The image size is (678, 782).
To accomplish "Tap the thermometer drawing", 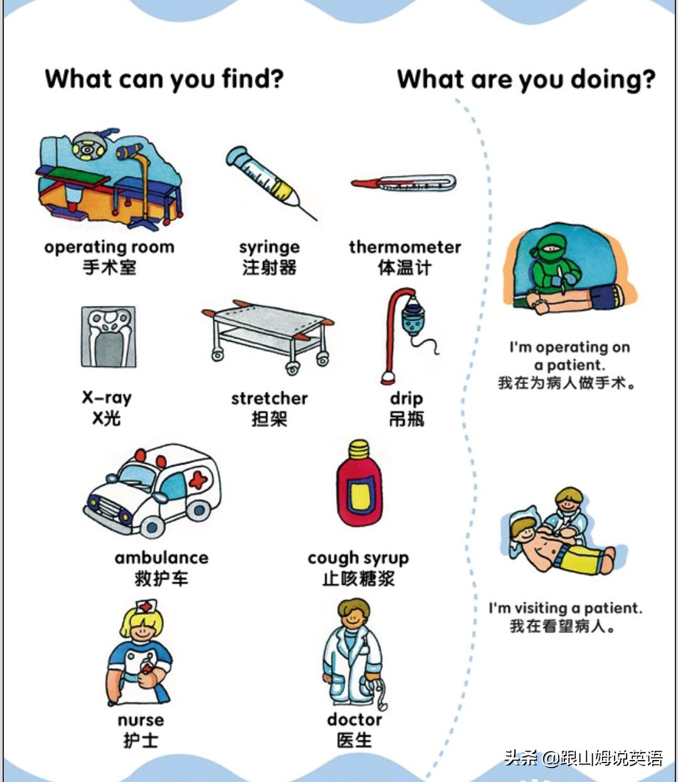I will point(404,183).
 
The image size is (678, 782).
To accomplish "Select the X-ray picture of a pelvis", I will point(108,337).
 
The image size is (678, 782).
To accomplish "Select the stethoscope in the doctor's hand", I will point(376,694).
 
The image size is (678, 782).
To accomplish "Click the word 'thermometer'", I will point(405,247).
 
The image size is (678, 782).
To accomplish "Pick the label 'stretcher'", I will point(269,398).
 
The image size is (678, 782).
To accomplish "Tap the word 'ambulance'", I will point(161,558).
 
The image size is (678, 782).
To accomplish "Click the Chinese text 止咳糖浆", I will point(358,578).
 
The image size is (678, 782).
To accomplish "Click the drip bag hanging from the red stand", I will point(413,318).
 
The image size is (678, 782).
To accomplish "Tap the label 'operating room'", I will point(109,247).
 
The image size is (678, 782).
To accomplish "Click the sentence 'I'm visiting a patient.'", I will point(565,608).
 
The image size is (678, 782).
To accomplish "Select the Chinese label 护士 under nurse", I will point(140,741).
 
